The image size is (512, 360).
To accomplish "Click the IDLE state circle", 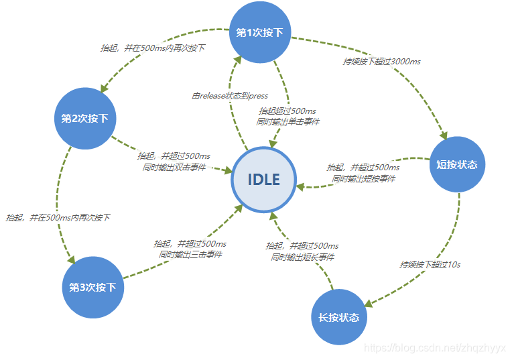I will point(263,179).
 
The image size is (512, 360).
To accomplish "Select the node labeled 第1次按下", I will point(260,32).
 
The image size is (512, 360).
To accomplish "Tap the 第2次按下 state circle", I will point(84,119).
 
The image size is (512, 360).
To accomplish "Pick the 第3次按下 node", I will point(92,287).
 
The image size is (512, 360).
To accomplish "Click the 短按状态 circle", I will point(456,164).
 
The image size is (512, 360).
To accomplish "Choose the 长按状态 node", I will point(339,317).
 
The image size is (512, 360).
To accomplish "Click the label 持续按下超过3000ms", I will point(381,61).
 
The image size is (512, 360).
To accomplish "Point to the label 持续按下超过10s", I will point(430,264).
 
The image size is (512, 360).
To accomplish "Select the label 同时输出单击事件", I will point(288,122).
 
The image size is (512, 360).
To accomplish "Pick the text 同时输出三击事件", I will point(190,255).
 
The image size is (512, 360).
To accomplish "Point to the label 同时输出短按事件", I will point(363,178).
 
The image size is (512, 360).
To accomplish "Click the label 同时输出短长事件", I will point(302,257).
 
